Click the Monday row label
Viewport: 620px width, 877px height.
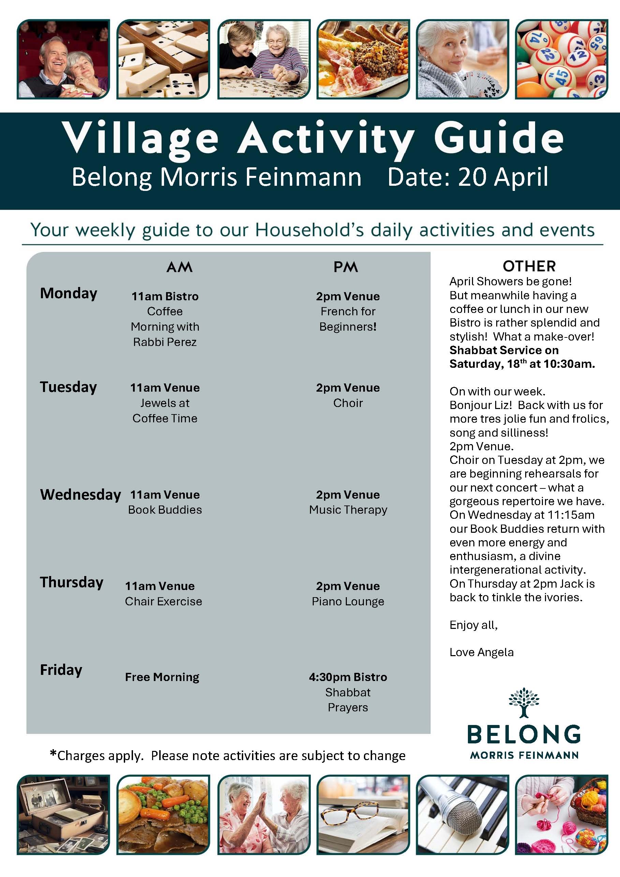click(x=69, y=293)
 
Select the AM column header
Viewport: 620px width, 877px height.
click(x=179, y=267)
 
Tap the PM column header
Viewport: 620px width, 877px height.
click(x=345, y=267)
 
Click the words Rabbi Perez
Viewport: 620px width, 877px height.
click(x=165, y=342)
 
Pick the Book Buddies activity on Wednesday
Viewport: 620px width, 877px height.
click(x=165, y=510)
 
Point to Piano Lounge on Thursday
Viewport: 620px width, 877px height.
click(x=348, y=601)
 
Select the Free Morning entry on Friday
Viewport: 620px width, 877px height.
click(x=162, y=677)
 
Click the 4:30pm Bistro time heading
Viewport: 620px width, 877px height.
click(x=348, y=677)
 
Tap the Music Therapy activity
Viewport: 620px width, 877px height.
click(x=348, y=510)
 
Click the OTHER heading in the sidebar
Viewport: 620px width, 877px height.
click(x=529, y=266)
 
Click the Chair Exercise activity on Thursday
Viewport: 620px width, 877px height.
click(x=163, y=601)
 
